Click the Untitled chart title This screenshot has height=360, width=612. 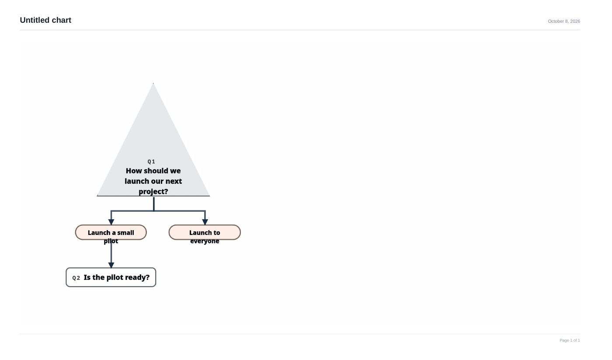(x=45, y=20)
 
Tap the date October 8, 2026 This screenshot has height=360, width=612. (x=564, y=21)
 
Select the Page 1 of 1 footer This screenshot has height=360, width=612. (x=570, y=340)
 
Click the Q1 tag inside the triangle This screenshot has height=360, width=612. (x=151, y=161)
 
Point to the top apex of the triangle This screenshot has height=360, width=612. (x=153, y=83)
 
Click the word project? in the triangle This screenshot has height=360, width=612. (x=153, y=192)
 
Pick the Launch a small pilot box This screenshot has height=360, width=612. (x=111, y=232)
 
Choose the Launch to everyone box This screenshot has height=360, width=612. (x=205, y=232)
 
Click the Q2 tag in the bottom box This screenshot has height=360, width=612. (x=76, y=278)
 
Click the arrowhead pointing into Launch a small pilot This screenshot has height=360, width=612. (x=111, y=222)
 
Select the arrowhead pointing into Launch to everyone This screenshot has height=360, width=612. (x=205, y=222)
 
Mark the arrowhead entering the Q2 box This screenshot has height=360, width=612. (x=111, y=265)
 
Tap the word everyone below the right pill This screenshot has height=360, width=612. (x=205, y=241)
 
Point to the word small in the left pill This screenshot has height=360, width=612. (x=125, y=233)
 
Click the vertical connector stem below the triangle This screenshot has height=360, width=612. (x=154, y=204)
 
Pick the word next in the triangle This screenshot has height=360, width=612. (x=174, y=181)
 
